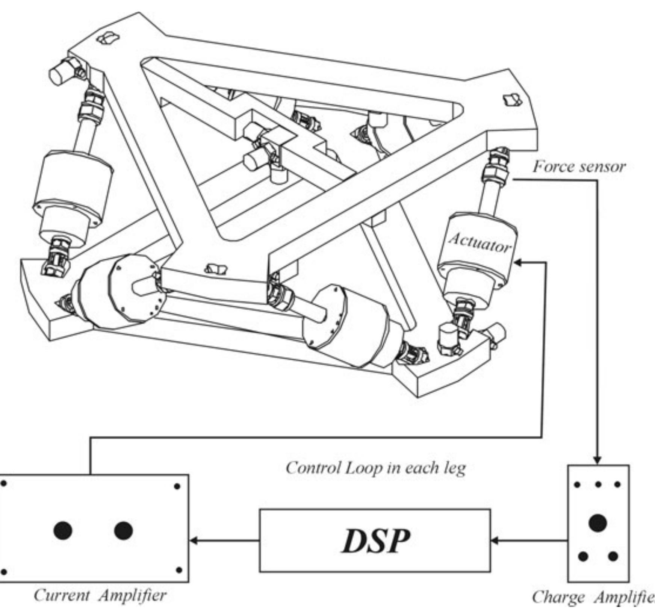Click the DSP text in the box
[x=375, y=541]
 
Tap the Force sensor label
[x=579, y=167]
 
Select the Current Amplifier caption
[x=100, y=595]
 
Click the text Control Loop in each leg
[x=375, y=468]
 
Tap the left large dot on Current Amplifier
[x=62, y=530]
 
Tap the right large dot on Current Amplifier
[x=123, y=530]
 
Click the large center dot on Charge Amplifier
[x=598, y=523]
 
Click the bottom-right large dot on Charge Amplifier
[x=613, y=556]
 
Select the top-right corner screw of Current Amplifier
[x=177, y=487]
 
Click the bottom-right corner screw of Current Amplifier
[x=179, y=570]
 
